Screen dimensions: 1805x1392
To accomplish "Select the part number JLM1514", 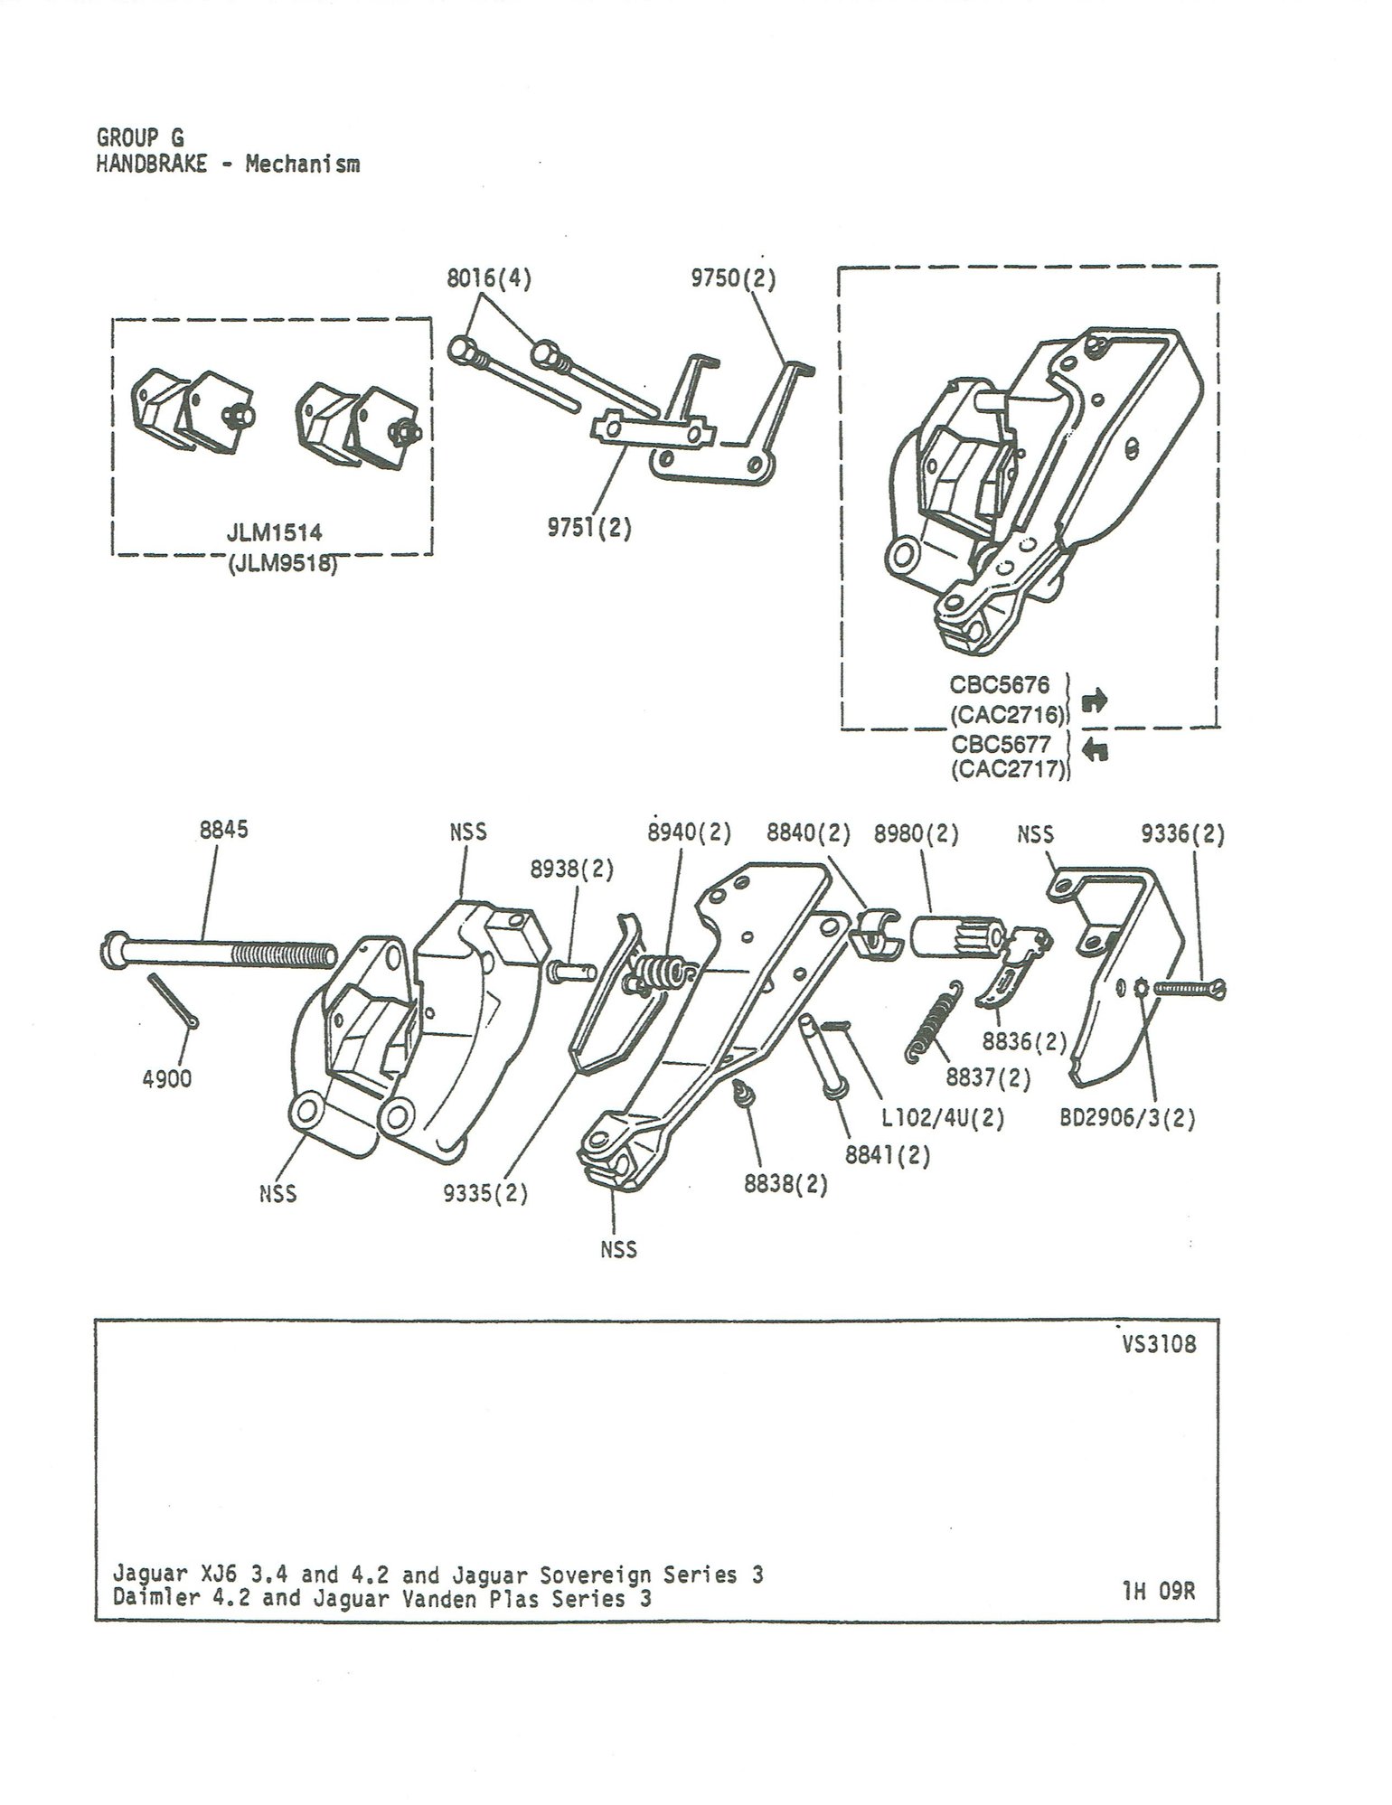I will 274,534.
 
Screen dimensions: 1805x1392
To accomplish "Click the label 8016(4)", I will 489,278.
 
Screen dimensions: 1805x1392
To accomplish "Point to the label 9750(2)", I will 733,278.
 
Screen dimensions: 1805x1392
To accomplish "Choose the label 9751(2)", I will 588,529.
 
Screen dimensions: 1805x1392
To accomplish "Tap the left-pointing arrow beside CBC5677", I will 1095,749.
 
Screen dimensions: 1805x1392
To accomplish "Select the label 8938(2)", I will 572,870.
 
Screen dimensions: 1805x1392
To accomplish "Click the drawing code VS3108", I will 1159,1344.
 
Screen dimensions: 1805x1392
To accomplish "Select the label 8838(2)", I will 785,1185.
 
